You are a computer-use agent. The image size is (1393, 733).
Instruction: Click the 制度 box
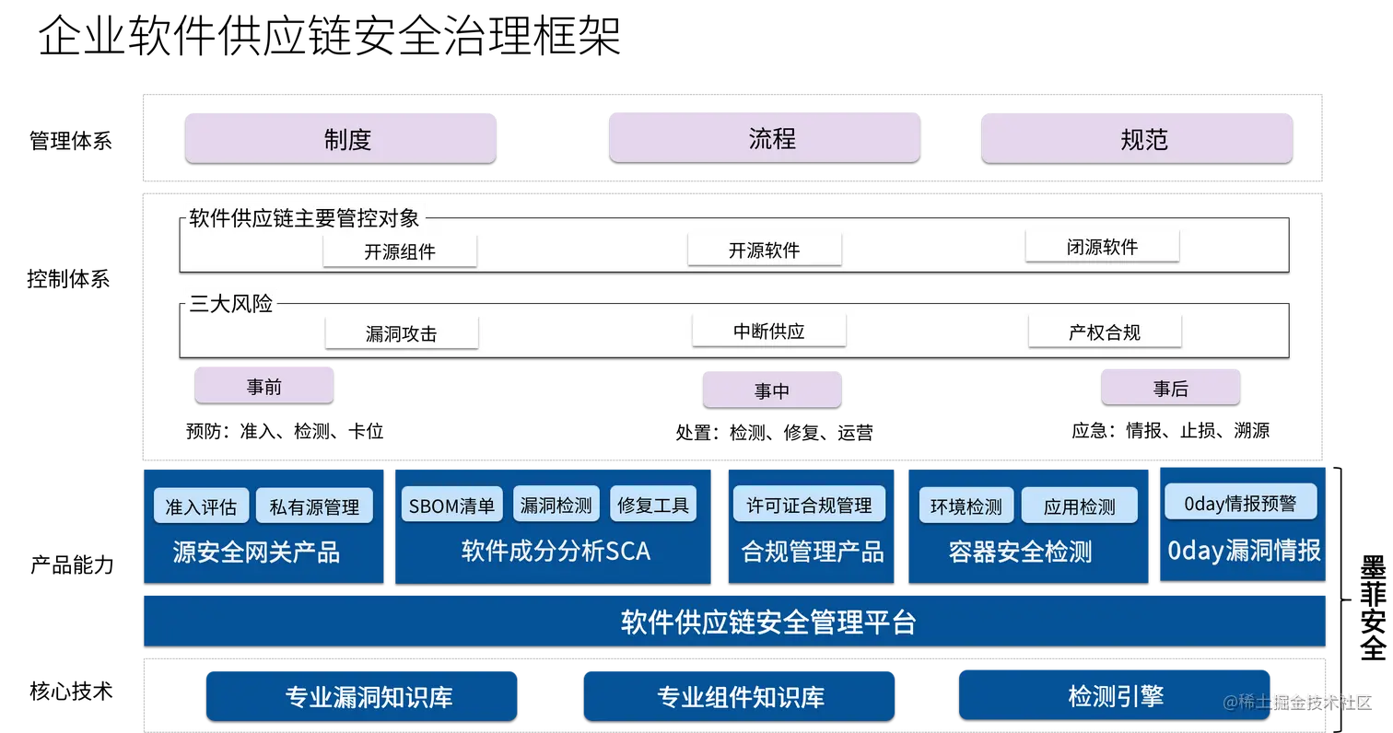point(341,139)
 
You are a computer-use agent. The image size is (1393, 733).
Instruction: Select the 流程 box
point(765,138)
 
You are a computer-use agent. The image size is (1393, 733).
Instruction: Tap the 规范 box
point(1137,139)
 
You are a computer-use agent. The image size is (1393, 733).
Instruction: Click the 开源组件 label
point(400,251)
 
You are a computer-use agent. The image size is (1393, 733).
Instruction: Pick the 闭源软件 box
point(1102,247)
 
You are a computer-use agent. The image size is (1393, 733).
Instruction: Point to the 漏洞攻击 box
point(402,333)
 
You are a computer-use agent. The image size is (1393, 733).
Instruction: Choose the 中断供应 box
point(769,332)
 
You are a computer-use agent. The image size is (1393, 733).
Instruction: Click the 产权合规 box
point(1105,332)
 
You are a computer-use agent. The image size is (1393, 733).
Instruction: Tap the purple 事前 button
point(263,386)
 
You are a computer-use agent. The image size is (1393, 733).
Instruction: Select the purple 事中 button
point(772,390)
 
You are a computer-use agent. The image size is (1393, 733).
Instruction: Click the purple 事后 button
point(1170,389)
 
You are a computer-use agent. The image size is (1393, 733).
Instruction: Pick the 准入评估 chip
point(201,506)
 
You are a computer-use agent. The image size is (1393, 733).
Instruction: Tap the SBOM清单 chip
point(451,505)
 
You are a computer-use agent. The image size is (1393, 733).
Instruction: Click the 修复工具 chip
point(653,505)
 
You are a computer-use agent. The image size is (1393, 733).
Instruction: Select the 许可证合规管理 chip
point(809,505)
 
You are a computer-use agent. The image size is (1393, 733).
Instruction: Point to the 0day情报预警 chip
point(1240,503)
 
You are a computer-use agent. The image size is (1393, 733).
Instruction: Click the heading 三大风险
point(231,304)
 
